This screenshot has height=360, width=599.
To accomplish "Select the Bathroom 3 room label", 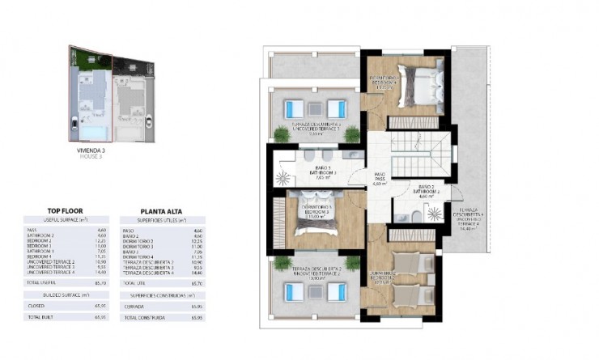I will point(319,172).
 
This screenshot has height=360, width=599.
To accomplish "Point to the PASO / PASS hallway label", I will point(380,177).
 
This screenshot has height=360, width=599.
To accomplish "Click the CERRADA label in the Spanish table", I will point(132,307).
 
